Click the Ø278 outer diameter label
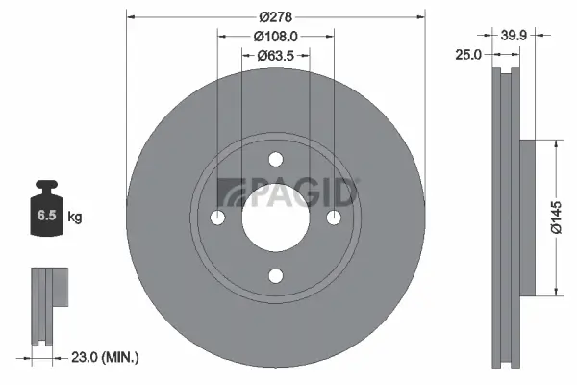(275, 17)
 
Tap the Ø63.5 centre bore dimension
(275, 56)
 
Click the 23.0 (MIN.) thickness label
(106, 357)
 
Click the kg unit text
(75, 218)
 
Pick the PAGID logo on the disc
(288, 192)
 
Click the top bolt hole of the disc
(275, 159)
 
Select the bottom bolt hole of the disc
(275, 277)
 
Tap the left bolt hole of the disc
(216, 218)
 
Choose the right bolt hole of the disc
(335, 218)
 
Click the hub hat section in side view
(526, 218)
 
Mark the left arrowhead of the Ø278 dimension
(131, 17)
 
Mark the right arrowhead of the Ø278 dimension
(419, 17)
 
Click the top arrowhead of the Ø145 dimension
(556, 143)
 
